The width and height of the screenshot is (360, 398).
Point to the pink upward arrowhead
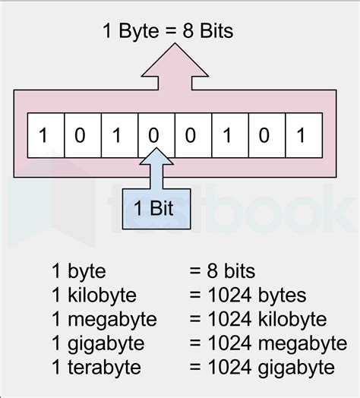[x=175, y=60]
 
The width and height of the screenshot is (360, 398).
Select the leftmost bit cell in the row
[x=46, y=135]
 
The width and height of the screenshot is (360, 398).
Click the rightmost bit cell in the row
[x=304, y=135]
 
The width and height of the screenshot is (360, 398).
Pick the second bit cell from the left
[x=83, y=135]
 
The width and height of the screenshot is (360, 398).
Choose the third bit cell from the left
[x=119, y=135]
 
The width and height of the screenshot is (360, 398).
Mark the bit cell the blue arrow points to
[x=156, y=135]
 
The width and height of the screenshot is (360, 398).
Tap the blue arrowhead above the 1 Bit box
[x=156, y=156]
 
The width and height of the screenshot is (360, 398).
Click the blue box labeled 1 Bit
[x=156, y=209]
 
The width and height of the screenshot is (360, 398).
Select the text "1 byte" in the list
[x=79, y=272]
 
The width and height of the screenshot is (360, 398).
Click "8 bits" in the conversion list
[x=231, y=271]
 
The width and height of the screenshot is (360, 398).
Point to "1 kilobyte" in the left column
[x=94, y=295]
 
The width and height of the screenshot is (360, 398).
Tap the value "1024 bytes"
[x=257, y=295]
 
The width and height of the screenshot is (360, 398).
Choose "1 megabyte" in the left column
[x=104, y=320]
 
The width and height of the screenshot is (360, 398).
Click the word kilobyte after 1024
[x=292, y=320]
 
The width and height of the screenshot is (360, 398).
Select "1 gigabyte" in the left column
[x=98, y=344]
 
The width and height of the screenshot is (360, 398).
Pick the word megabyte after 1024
[x=302, y=344]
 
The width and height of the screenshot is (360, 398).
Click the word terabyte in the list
[x=104, y=368]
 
